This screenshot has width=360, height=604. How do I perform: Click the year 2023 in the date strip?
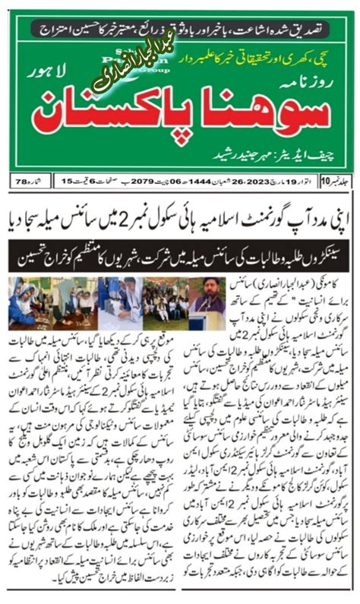(x=262, y=182)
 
